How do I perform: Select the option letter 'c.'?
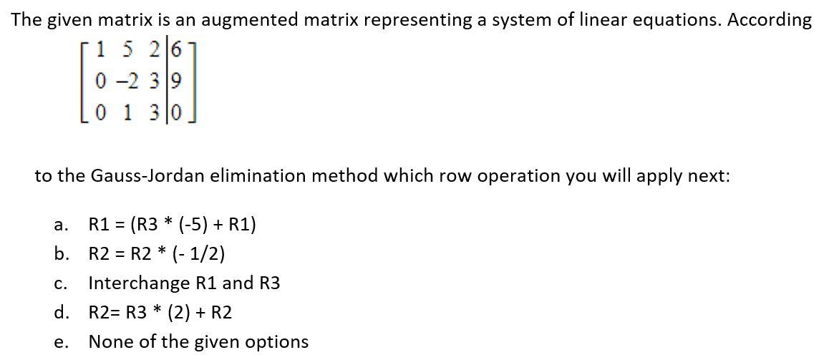click(61, 284)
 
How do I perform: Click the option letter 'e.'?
click(61, 343)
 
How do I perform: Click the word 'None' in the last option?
click(109, 342)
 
